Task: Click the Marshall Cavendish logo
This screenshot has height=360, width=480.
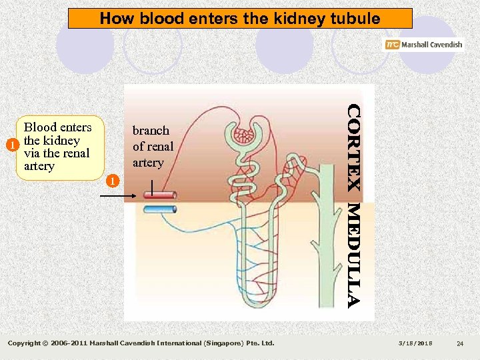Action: (423, 45)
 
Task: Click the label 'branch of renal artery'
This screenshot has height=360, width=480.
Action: (152, 147)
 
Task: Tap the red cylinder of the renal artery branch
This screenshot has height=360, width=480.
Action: (159, 195)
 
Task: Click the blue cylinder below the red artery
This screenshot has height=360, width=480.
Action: (159, 209)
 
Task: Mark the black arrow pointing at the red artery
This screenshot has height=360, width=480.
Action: (121, 195)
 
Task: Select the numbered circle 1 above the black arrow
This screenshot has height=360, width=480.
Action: (113, 181)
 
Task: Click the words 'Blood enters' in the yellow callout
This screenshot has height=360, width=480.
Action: (57, 127)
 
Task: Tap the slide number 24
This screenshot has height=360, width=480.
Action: (459, 343)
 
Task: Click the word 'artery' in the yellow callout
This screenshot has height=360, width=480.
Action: (39, 166)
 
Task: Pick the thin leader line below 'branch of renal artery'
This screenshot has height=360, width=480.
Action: (153, 185)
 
